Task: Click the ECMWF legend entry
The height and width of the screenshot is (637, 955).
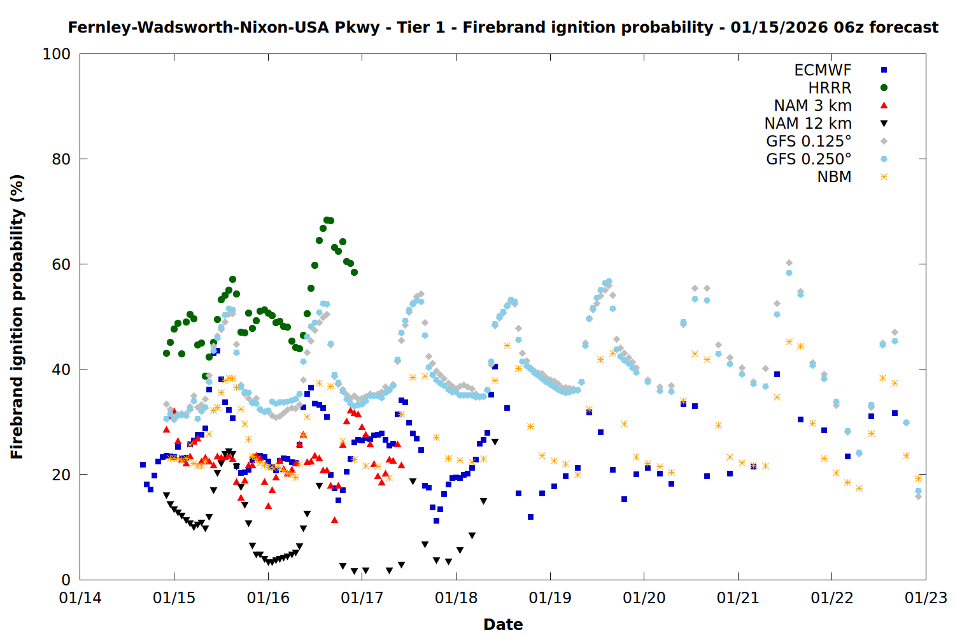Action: tap(823, 70)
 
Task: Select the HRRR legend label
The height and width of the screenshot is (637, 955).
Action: tap(830, 88)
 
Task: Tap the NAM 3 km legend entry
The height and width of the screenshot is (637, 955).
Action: tap(812, 106)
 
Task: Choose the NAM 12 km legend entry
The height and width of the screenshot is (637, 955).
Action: tap(808, 124)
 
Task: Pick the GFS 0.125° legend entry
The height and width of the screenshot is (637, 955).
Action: tap(809, 141)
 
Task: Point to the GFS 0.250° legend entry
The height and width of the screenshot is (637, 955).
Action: tap(809, 159)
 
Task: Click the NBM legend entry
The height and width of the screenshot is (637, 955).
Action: tap(834, 177)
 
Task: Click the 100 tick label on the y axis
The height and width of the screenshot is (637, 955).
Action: tap(57, 54)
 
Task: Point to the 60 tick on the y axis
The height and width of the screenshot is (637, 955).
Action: tap(61, 264)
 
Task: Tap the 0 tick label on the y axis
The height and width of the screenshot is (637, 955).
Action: tap(66, 580)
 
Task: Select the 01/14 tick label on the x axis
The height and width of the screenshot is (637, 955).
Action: tap(80, 598)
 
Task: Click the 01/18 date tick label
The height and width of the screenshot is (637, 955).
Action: tap(456, 598)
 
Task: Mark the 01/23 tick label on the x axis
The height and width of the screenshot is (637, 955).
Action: tap(926, 598)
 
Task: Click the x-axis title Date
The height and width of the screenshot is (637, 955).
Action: tap(503, 624)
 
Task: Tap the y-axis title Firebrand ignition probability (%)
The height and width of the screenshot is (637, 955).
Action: tap(17, 317)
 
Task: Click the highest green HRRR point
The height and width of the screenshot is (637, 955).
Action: tap(327, 220)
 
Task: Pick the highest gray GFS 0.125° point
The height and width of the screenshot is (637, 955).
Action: tap(789, 262)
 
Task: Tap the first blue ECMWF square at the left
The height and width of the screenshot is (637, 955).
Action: tap(143, 464)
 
